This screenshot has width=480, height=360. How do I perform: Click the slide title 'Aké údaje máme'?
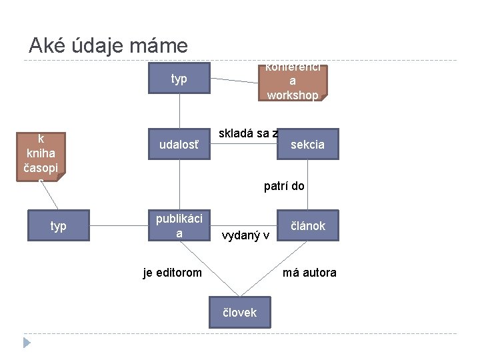point(108,45)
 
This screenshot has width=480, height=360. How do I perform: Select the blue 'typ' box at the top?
point(179,79)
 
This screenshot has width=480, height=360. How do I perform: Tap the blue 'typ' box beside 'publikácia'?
point(59,226)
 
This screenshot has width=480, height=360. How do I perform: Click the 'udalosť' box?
point(179,145)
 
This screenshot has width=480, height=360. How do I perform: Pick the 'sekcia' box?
point(307,144)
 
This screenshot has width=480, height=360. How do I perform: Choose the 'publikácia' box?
point(179,226)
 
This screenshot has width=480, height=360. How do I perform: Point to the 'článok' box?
point(307,226)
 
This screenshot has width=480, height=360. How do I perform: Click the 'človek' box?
point(239,312)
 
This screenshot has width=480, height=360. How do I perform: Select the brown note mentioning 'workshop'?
point(293,81)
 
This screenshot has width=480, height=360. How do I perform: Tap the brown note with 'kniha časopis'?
point(41,157)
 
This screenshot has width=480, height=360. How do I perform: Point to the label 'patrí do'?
point(284,186)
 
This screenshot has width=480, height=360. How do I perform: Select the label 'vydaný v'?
point(245,236)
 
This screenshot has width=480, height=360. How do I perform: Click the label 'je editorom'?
point(173,272)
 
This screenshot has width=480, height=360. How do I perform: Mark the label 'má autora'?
point(309,272)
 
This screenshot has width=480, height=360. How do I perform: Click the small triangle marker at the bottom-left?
point(27,343)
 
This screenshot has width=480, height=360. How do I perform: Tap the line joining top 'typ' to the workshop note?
point(234,81)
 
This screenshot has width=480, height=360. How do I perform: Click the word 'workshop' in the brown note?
point(293,95)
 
